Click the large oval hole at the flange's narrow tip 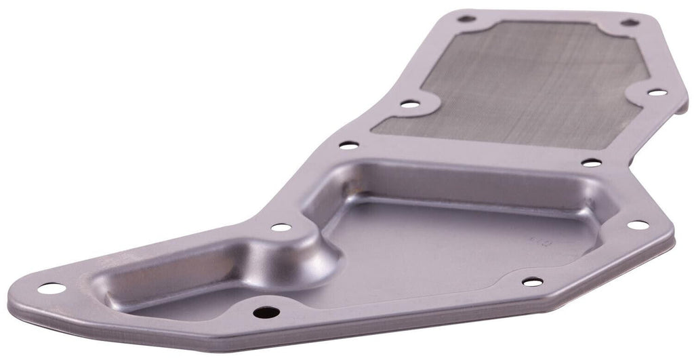(52, 288)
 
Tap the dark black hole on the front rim (266, 313)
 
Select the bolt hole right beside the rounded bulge (281, 227)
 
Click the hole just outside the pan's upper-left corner (348, 145)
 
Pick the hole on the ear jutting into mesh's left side (409, 104)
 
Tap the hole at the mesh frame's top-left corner (466, 19)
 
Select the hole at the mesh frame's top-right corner (630, 22)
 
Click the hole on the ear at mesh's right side (656, 92)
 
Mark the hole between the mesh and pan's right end (591, 163)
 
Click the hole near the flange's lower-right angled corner (532, 281)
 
